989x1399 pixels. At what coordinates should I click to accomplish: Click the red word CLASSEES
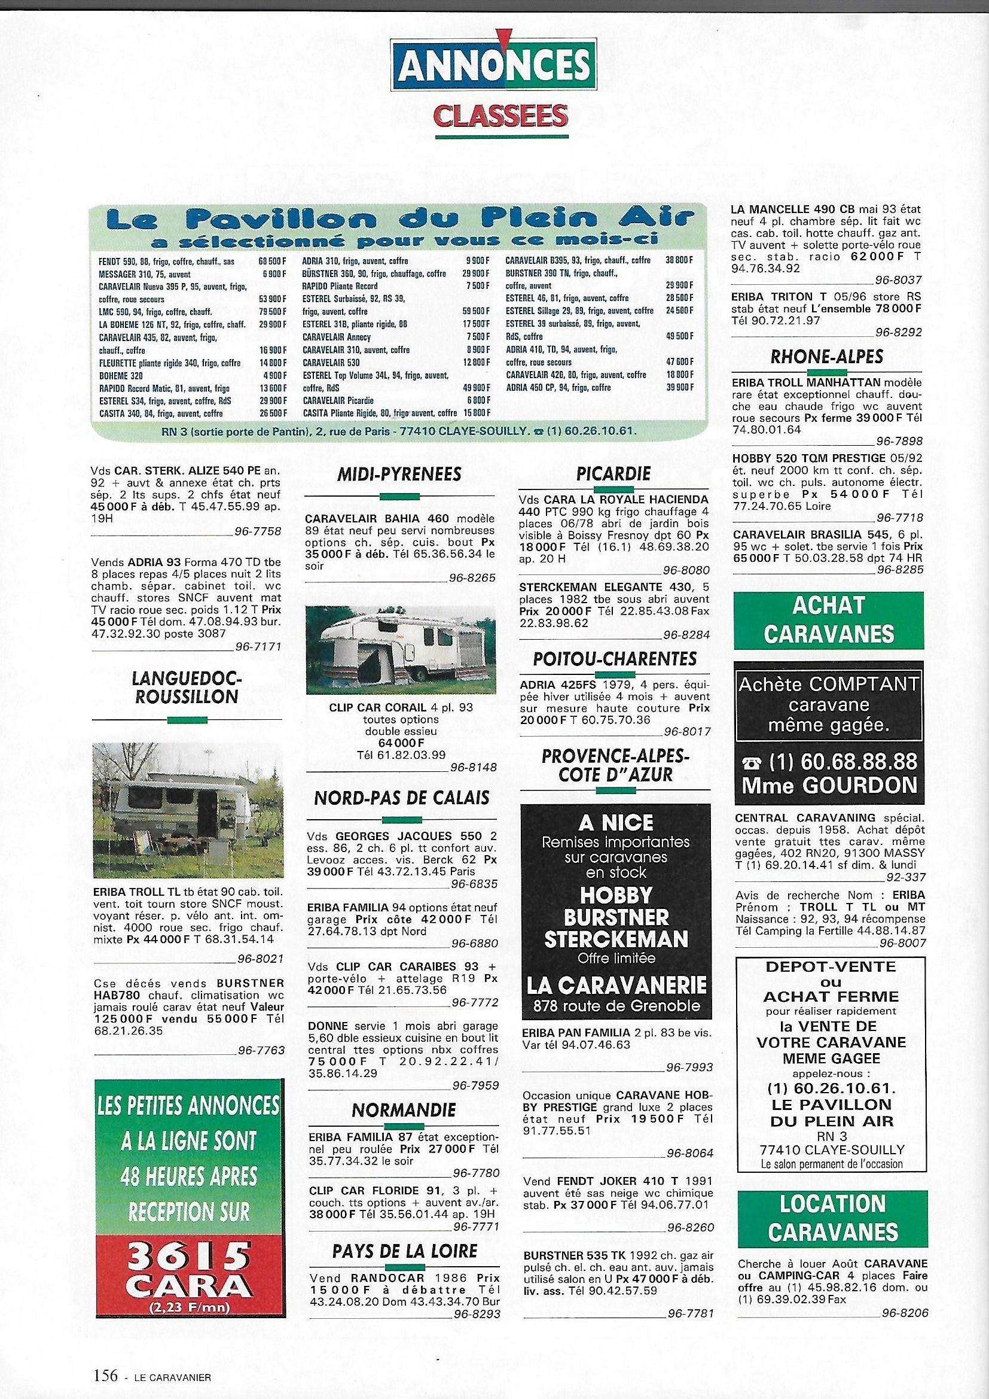pyautogui.click(x=500, y=115)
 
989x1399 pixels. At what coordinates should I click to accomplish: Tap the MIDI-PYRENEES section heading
pyautogui.click(x=399, y=474)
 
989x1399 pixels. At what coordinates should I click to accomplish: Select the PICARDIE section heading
pyautogui.click(x=613, y=473)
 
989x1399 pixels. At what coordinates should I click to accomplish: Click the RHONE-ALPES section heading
pyautogui.click(x=827, y=357)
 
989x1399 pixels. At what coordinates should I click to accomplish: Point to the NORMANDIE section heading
pyautogui.click(x=404, y=1110)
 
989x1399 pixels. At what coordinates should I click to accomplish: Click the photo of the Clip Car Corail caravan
pyautogui.click(x=401, y=650)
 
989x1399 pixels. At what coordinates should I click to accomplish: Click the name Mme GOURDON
pyautogui.click(x=829, y=785)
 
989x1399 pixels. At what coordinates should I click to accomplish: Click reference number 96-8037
pyautogui.click(x=898, y=281)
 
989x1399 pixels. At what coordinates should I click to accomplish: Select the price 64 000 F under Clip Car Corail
pyautogui.click(x=401, y=743)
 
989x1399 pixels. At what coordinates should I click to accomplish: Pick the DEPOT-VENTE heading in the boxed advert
pyautogui.click(x=831, y=967)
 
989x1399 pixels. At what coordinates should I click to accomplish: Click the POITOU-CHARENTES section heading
pyautogui.click(x=614, y=659)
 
